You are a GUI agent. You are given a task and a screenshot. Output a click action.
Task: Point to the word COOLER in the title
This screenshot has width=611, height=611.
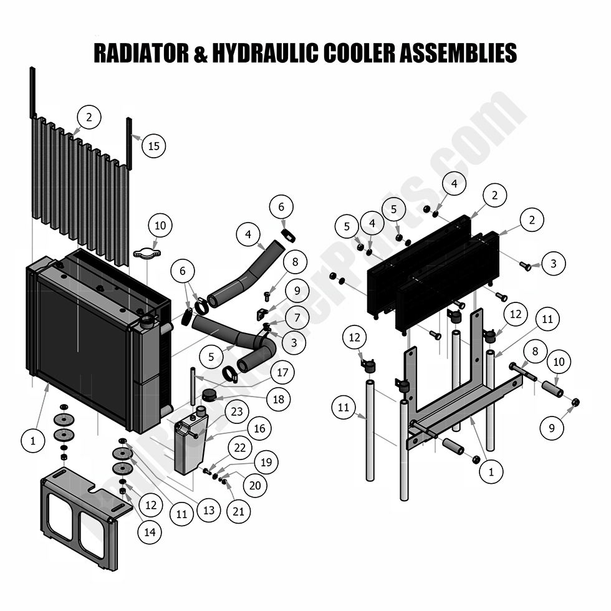[x=358, y=53]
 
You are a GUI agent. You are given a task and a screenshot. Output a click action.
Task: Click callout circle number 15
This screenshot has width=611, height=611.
[x=153, y=146]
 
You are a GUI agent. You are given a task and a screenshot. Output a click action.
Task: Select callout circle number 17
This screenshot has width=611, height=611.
[x=282, y=373]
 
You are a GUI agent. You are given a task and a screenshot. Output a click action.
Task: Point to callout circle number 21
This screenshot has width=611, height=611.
[x=239, y=511]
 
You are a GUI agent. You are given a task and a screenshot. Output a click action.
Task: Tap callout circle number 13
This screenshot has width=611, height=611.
[x=208, y=510]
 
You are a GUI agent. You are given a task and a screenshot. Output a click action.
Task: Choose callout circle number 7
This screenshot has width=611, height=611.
[x=297, y=318]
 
